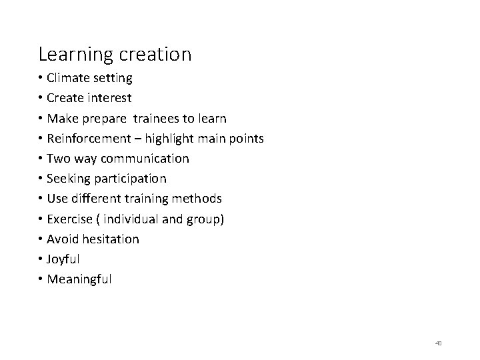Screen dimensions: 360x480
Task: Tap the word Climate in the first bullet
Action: click(x=69, y=78)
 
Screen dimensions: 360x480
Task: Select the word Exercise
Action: click(x=70, y=219)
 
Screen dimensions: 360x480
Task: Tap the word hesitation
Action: click(x=109, y=239)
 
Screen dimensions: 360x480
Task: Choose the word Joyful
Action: click(x=63, y=259)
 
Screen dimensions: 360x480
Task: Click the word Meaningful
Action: click(x=79, y=279)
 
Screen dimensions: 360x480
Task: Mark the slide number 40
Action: click(x=439, y=343)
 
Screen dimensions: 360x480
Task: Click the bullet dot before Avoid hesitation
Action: click(x=41, y=239)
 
